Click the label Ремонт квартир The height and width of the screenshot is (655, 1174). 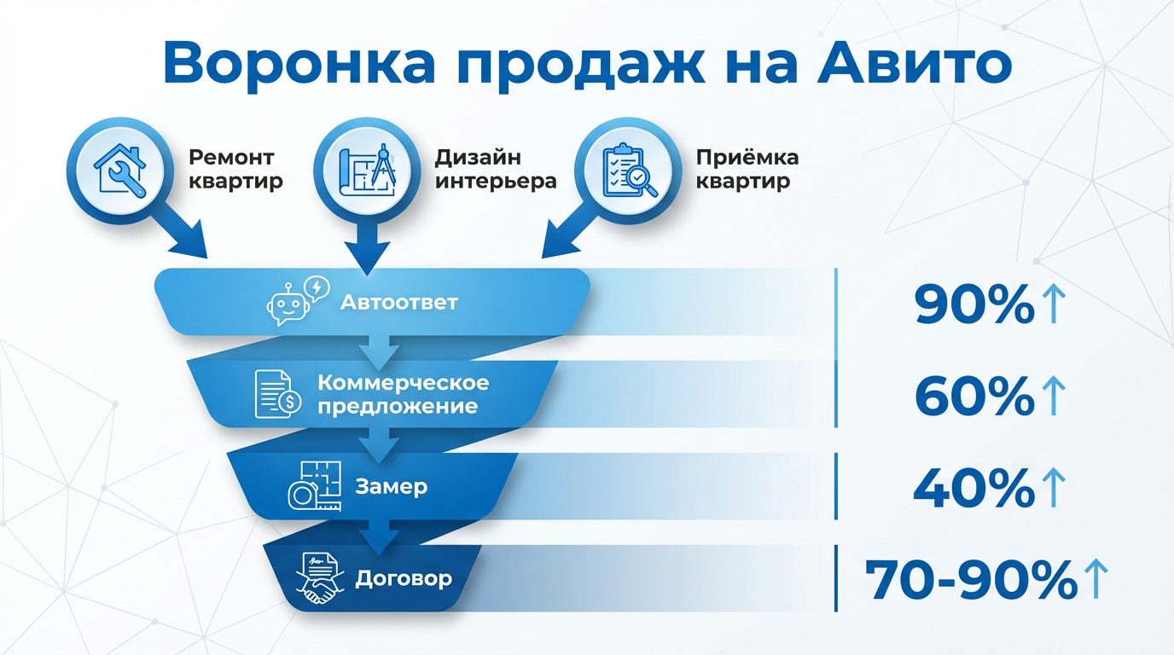(x=235, y=169)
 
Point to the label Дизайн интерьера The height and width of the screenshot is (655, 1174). (x=496, y=169)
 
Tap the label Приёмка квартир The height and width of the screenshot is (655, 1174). (x=747, y=169)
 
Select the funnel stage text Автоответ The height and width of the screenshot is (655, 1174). (x=399, y=302)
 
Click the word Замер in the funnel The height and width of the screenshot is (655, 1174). (x=392, y=487)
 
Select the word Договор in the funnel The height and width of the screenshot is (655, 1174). (x=404, y=579)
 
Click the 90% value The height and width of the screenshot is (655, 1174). (x=974, y=304)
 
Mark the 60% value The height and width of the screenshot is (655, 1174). (x=974, y=396)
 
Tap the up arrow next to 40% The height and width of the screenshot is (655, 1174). (x=1054, y=488)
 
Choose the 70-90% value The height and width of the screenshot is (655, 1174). (x=972, y=581)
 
